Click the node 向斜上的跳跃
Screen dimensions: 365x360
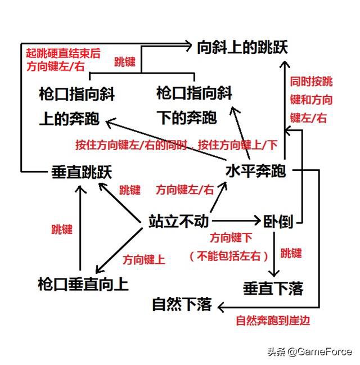click(242, 47)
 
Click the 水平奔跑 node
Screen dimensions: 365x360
click(256, 171)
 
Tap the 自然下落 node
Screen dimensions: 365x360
click(181, 305)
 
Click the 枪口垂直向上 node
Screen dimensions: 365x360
click(83, 283)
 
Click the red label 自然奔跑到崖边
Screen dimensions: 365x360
click(273, 321)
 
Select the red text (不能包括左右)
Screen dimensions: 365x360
click(228, 256)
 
